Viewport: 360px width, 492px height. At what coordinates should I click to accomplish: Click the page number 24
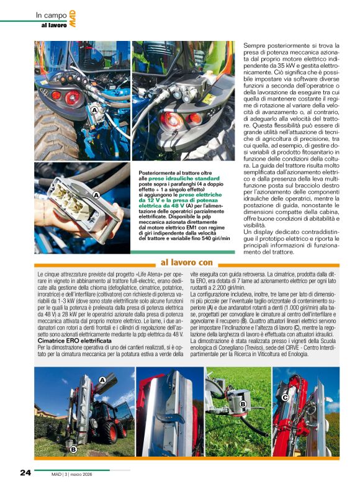[x=25, y=472]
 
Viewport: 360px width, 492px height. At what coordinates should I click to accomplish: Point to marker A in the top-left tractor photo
[x=94, y=110]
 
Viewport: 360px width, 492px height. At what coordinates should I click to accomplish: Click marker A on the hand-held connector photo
[x=96, y=195]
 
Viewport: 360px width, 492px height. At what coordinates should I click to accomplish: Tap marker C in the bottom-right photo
[x=285, y=397]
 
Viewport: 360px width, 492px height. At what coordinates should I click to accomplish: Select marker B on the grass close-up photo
[x=243, y=405]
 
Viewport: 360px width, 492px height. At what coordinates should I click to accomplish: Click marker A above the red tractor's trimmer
[x=102, y=379]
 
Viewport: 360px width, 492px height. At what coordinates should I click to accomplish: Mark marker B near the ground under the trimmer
[x=73, y=448]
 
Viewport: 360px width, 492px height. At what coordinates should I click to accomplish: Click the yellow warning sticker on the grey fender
[x=209, y=99]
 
